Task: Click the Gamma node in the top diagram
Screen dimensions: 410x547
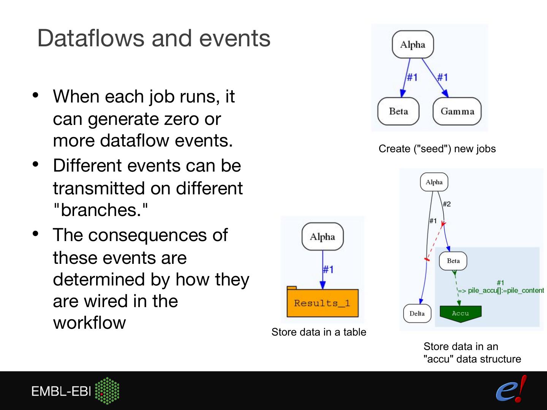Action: pos(457,111)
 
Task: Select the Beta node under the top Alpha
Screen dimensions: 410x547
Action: pos(398,111)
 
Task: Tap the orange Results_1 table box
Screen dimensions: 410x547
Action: pos(322,303)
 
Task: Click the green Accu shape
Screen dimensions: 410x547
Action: pos(460,314)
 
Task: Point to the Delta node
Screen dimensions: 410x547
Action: pos(417,314)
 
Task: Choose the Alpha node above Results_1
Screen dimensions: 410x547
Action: pos(322,237)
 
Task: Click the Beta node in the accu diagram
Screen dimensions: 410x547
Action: pos(453,261)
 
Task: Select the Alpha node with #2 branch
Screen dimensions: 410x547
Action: pos(434,182)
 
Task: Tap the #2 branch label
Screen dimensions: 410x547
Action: pos(447,204)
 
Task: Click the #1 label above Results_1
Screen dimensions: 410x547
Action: pos(328,270)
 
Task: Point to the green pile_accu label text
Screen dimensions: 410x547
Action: pos(501,290)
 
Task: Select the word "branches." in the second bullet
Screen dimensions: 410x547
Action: pos(100,210)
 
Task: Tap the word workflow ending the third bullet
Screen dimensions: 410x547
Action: pos(89,323)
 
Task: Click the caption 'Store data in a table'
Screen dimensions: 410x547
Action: pos(319,332)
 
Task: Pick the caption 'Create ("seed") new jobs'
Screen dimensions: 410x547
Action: pos(437,149)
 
